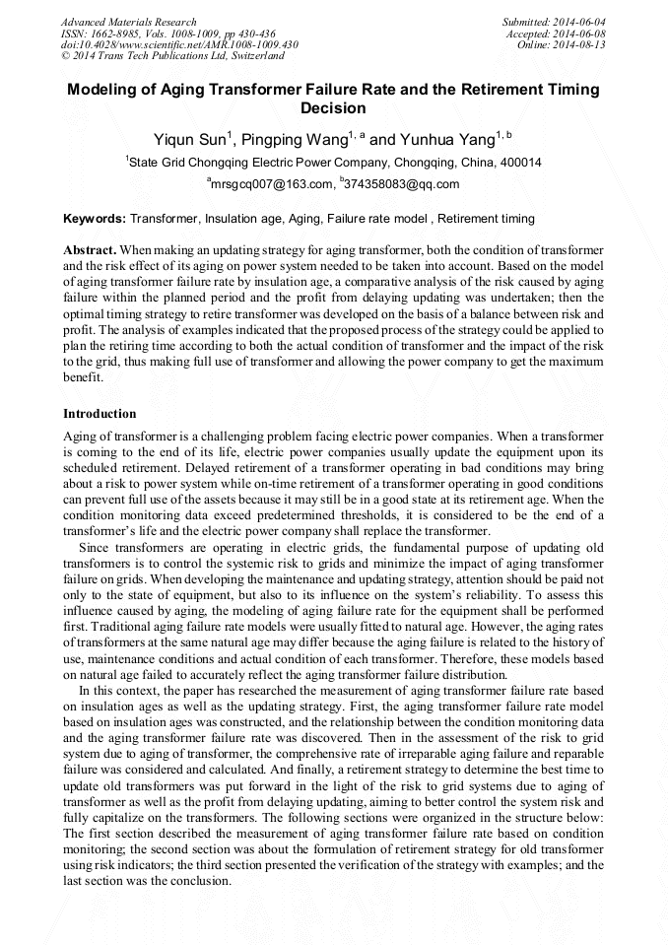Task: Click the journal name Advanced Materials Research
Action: click(x=128, y=22)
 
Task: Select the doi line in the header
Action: click(x=179, y=45)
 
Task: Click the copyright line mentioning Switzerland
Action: click(x=172, y=57)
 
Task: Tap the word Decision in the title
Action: click(x=333, y=108)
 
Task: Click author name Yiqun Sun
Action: click(x=189, y=139)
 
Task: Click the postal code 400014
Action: click(x=518, y=163)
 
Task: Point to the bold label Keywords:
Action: click(x=95, y=218)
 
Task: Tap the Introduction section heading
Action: click(x=100, y=413)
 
